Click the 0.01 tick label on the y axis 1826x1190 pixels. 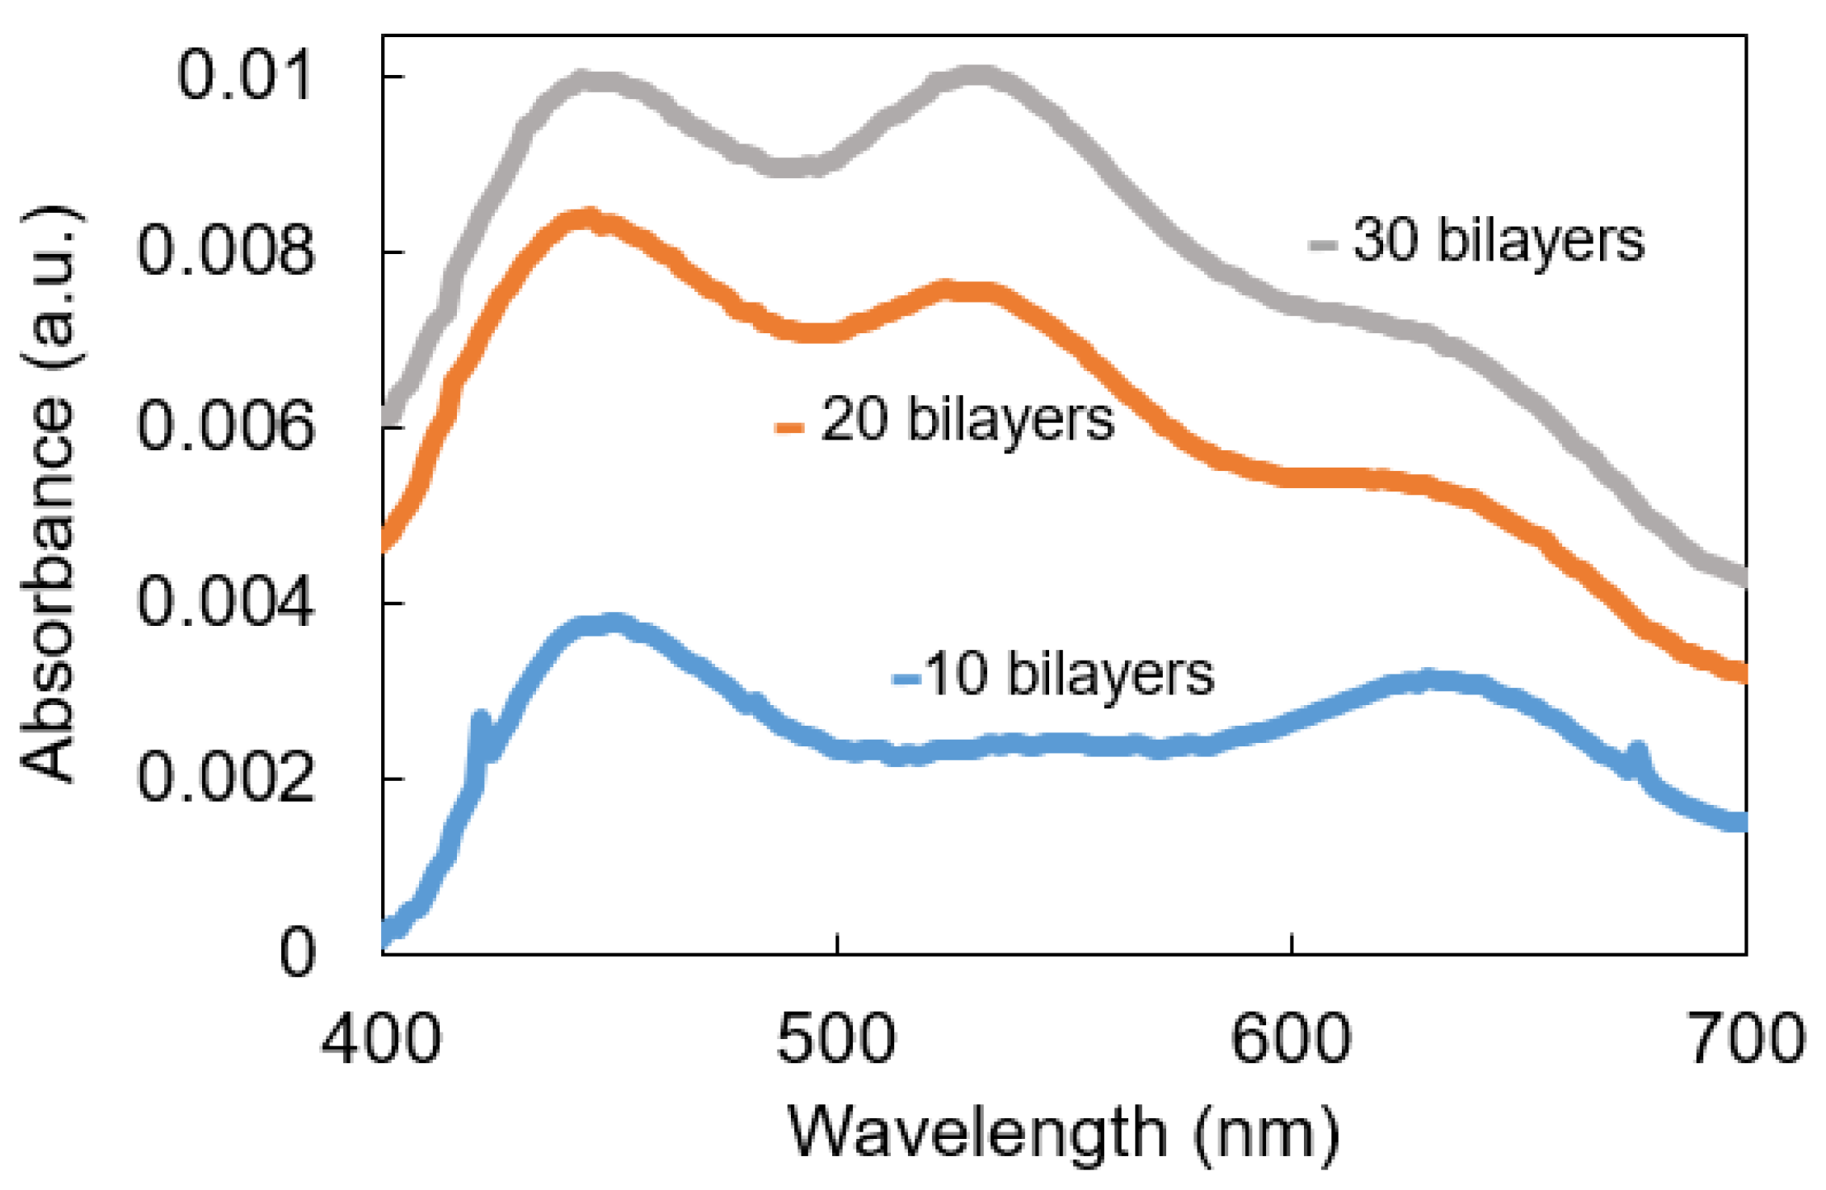(245, 75)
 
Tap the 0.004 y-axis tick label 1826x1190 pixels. (226, 602)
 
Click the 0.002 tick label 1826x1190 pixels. (226, 778)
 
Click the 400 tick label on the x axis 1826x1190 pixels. (381, 1039)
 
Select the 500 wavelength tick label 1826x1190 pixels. (835, 1039)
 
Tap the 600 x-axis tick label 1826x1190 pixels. (1290, 1039)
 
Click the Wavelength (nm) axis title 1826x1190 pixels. (1064, 1135)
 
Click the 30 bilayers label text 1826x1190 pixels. (1498, 241)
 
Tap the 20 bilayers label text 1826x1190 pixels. (967, 420)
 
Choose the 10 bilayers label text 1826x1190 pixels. (1069, 675)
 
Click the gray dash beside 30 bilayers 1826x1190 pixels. (1322, 245)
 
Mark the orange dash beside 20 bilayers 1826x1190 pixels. (788, 426)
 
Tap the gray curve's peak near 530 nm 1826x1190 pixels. (977, 76)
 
